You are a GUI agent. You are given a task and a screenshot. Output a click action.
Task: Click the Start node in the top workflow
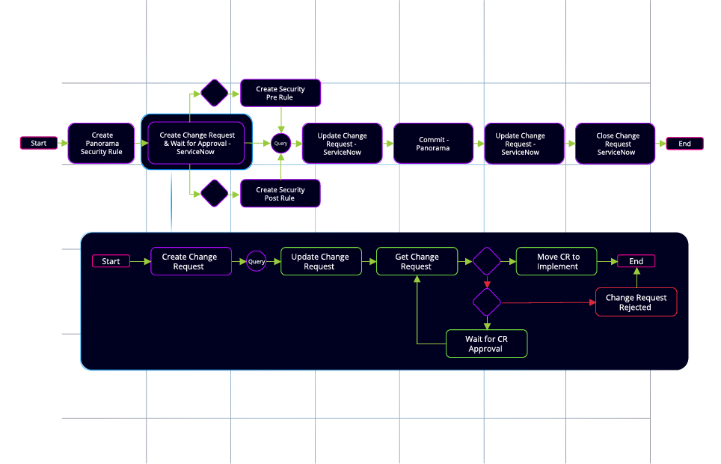click(x=39, y=143)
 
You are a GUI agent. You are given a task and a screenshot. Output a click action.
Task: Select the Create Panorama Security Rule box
click(x=102, y=144)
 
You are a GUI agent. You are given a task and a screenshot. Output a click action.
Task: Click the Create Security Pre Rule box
click(x=280, y=94)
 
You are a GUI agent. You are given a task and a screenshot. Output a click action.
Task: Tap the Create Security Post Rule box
click(x=280, y=194)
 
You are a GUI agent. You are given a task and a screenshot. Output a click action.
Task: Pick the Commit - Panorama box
click(x=433, y=144)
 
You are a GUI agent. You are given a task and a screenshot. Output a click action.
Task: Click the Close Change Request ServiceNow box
click(x=616, y=144)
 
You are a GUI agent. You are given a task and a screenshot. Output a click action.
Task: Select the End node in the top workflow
click(x=684, y=143)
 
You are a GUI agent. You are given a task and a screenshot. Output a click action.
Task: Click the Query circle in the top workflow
click(x=281, y=143)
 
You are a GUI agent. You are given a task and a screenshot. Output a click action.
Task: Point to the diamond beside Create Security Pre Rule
click(x=215, y=93)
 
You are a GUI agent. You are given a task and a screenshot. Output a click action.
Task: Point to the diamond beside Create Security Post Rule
click(x=215, y=194)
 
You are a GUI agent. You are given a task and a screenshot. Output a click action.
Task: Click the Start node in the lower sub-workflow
click(x=111, y=261)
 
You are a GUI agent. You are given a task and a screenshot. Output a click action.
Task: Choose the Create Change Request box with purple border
click(x=191, y=261)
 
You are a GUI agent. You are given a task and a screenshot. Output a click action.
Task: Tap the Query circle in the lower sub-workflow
click(x=257, y=261)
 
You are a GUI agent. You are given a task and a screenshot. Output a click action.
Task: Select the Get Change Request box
click(x=417, y=261)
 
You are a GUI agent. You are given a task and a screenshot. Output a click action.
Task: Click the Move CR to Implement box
click(x=557, y=261)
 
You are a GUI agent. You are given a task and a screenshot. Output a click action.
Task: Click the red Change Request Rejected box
click(x=636, y=302)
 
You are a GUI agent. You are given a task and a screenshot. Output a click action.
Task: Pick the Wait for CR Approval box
click(x=486, y=344)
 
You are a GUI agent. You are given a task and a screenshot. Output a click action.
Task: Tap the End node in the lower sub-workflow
click(x=636, y=261)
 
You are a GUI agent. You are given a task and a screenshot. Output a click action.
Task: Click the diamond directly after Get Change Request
click(x=487, y=261)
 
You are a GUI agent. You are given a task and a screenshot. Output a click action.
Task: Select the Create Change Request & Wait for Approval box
click(x=196, y=143)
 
